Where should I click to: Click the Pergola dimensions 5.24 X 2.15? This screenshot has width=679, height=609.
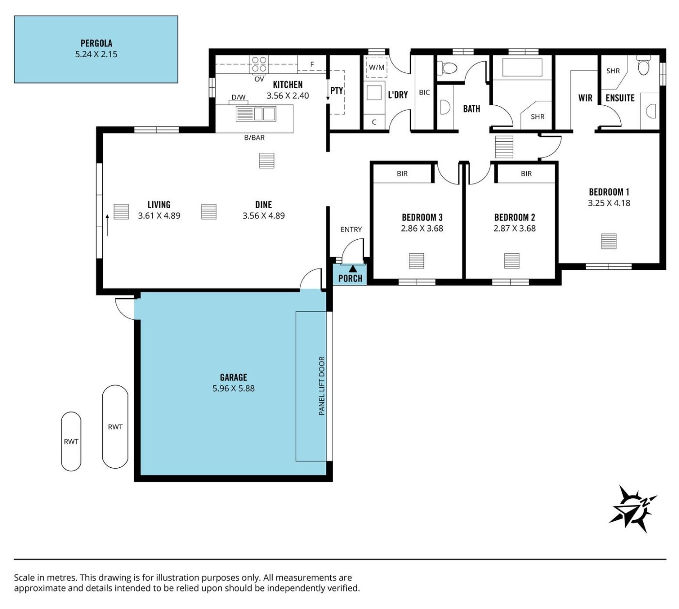pos(96,54)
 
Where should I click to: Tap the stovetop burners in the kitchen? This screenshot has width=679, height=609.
pos(259,65)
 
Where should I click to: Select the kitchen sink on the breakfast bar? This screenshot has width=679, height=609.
pos(256,114)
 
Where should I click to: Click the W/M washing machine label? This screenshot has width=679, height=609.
pos(376,67)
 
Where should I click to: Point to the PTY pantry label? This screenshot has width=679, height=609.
pos(337,91)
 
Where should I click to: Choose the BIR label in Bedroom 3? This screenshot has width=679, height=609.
pos(402,174)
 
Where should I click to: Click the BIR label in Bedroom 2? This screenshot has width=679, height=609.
pos(526,174)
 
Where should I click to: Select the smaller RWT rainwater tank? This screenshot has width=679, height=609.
pos(71,441)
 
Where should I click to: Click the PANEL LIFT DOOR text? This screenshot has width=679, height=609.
pos(322,386)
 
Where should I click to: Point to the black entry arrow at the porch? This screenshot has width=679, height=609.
pos(353,269)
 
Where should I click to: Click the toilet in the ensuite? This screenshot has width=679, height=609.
pos(643,66)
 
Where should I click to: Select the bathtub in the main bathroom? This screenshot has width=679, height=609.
pos(522,67)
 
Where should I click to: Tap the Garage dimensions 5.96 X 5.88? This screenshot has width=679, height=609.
pos(234,388)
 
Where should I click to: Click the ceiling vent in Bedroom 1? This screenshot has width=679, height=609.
pos(609,241)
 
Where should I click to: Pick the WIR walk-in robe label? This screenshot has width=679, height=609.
pos(585,98)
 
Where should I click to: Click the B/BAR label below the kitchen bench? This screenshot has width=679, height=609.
pos(254,137)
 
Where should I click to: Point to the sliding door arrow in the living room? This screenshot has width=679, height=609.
pos(107,225)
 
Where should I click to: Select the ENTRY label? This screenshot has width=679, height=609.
pos(351,230)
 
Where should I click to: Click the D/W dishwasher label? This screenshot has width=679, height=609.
pos(238,97)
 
